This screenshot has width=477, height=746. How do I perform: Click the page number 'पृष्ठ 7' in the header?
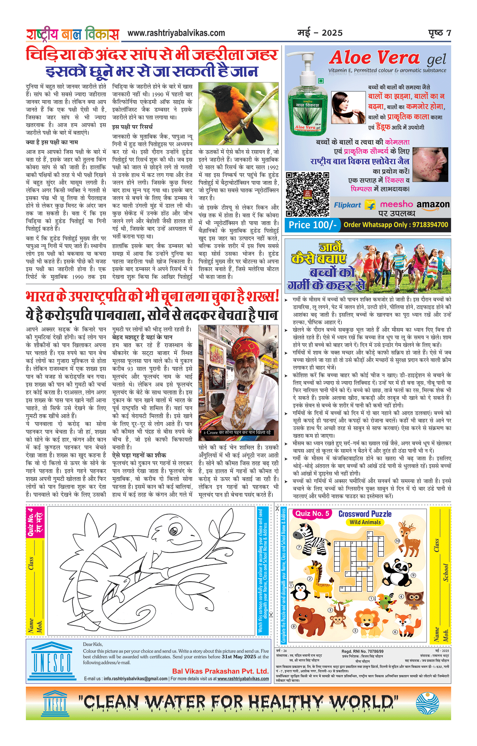click(x=439, y=33)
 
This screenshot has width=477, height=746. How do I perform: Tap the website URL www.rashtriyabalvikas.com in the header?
click(x=176, y=33)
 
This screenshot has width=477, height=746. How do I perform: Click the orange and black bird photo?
click(x=238, y=113)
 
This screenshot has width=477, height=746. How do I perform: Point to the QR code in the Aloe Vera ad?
click(x=307, y=194)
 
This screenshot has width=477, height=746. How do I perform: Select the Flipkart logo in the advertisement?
click(x=348, y=205)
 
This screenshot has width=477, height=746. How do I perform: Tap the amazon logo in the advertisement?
click(x=433, y=205)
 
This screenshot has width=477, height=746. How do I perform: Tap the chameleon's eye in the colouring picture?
click(x=174, y=530)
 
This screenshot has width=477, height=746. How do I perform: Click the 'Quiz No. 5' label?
click(x=312, y=514)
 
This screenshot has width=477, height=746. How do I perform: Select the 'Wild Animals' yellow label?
click(x=365, y=522)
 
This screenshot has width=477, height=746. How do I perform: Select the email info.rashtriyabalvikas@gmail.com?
click(x=136, y=679)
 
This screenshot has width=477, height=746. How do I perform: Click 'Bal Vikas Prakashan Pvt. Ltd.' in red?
click(x=220, y=671)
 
